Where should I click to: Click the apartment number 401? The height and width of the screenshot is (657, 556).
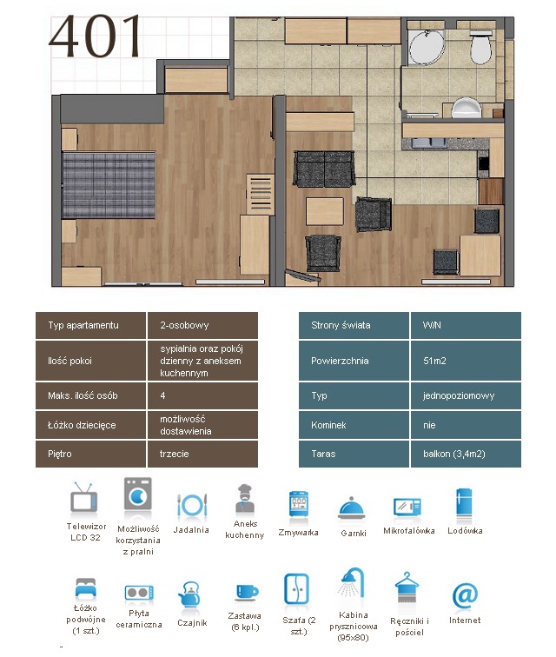(x=96, y=36)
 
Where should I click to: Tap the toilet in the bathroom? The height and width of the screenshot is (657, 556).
(x=480, y=47)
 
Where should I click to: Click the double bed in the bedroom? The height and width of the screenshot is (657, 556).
(x=108, y=185)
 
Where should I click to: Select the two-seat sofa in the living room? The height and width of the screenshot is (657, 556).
(x=324, y=169)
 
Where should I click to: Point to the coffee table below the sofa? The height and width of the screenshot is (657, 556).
(x=325, y=211)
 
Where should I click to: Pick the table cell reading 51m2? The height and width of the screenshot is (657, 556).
(x=466, y=361)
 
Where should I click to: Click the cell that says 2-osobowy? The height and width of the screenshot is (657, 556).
(x=202, y=325)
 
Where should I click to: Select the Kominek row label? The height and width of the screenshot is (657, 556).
(x=354, y=425)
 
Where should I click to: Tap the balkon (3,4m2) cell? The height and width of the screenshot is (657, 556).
(x=466, y=454)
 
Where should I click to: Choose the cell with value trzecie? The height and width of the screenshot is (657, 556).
(x=202, y=454)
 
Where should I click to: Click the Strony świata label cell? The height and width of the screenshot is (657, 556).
(x=354, y=325)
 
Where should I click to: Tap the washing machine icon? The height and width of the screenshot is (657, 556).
(x=138, y=494)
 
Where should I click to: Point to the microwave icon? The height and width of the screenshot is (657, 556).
(x=407, y=507)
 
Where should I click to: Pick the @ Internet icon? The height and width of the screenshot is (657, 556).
(x=465, y=595)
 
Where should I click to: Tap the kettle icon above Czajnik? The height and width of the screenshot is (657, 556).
(x=189, y=594)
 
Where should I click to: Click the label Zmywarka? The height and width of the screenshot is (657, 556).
(x=298, y=533)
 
